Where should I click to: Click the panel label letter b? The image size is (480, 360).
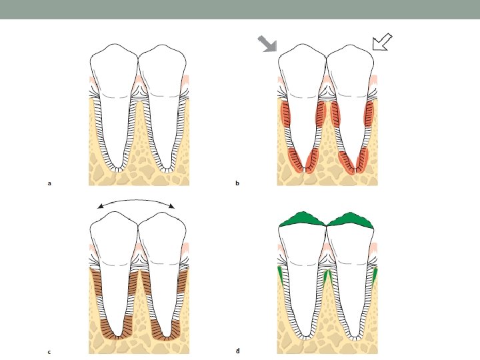coord(237,183)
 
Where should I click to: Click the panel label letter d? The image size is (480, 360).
coord(237,351)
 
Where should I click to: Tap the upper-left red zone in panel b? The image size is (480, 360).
coord(287,113)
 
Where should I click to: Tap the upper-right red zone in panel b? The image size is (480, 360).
coord(368,113)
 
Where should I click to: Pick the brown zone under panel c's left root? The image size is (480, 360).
coord(115,330)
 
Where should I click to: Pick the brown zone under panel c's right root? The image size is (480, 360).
coord(165,330)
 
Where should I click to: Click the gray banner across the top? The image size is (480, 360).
coord(240,9)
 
